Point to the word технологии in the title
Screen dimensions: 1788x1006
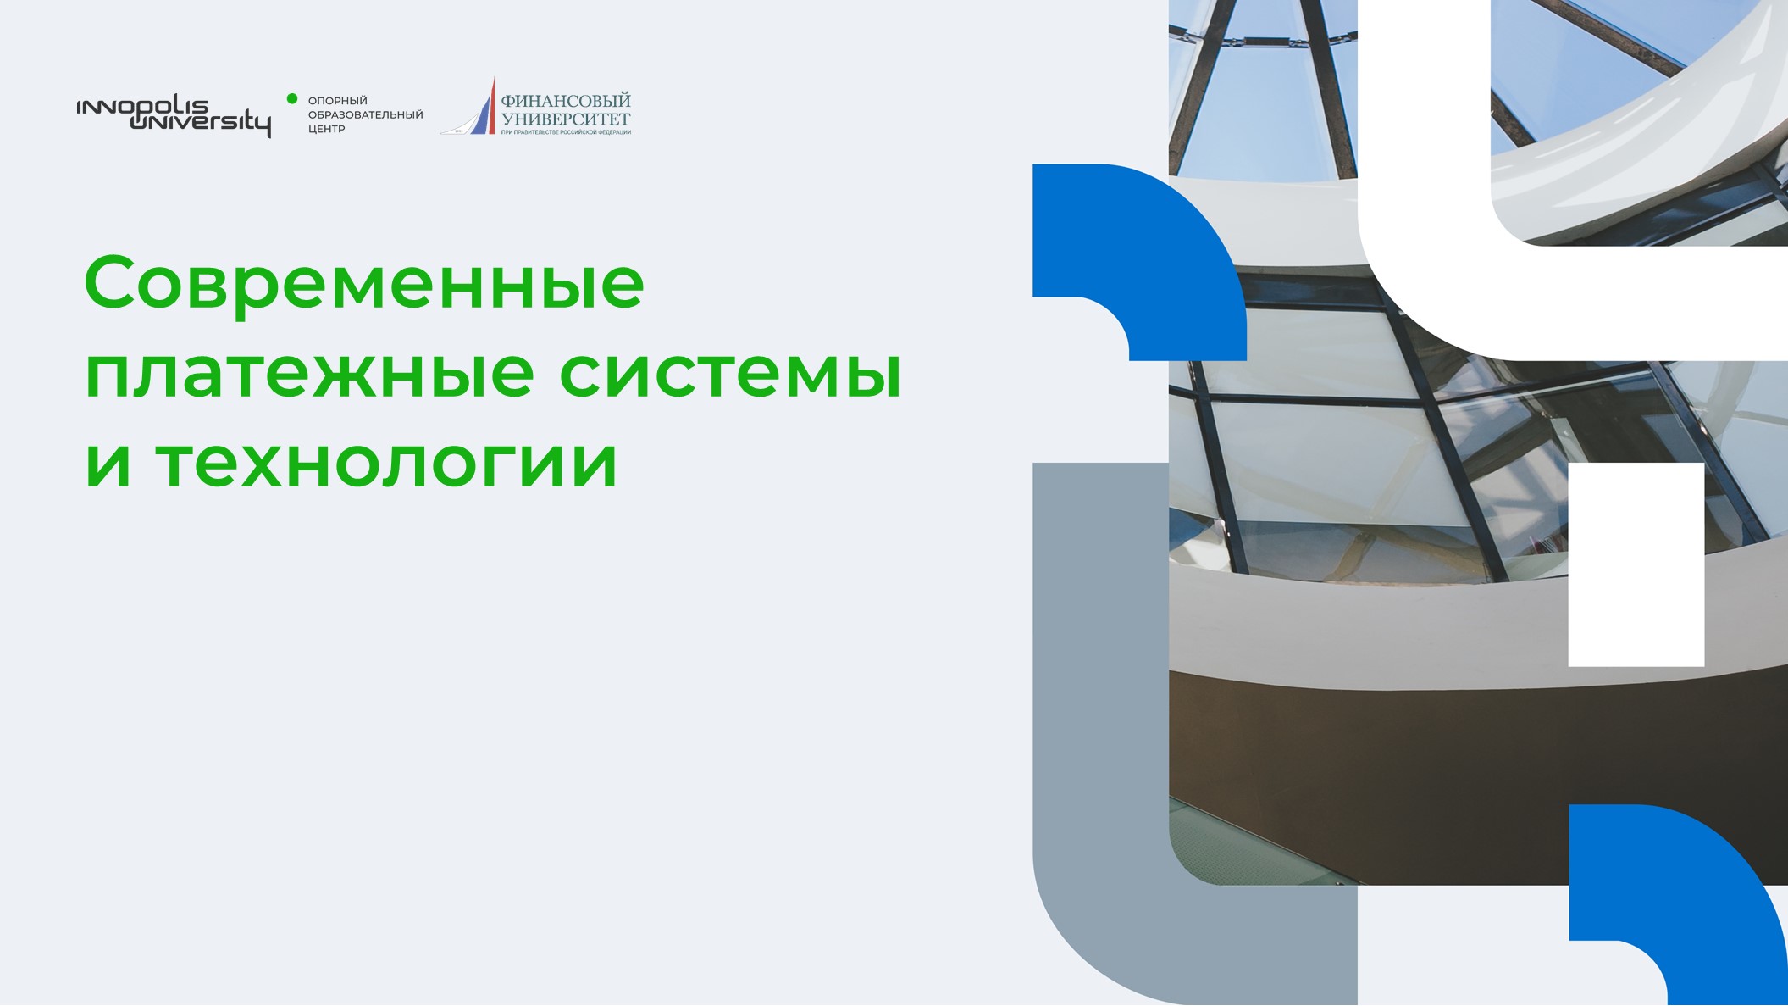tap(387, 464)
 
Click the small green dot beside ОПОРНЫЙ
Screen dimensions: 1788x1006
tap(292, 99)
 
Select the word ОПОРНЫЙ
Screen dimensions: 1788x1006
tap(338, 101)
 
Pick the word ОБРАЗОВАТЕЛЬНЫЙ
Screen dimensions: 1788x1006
tap(365, 114)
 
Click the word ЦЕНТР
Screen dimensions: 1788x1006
tap(327, 129)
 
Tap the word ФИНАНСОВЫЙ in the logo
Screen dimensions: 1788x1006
tap(566, 101)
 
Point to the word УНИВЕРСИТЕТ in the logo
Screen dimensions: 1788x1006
tap(566, 119)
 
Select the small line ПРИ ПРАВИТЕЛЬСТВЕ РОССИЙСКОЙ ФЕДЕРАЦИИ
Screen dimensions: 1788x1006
tap(566, 132)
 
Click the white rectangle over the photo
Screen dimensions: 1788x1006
tap(1636, 564)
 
